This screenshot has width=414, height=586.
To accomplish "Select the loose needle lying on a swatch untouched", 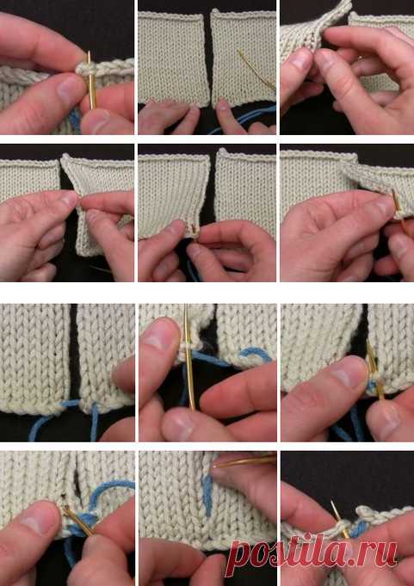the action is click(256, 70).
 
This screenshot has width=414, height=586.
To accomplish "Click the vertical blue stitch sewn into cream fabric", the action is click(207, 496).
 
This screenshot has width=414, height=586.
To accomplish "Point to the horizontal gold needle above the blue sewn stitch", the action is click(244, 462).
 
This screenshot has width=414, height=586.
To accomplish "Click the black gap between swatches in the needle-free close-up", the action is click(74, 351).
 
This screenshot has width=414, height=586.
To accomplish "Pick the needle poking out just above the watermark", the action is click(339, 519).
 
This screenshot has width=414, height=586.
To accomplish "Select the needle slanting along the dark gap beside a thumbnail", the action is click(374, 368).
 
